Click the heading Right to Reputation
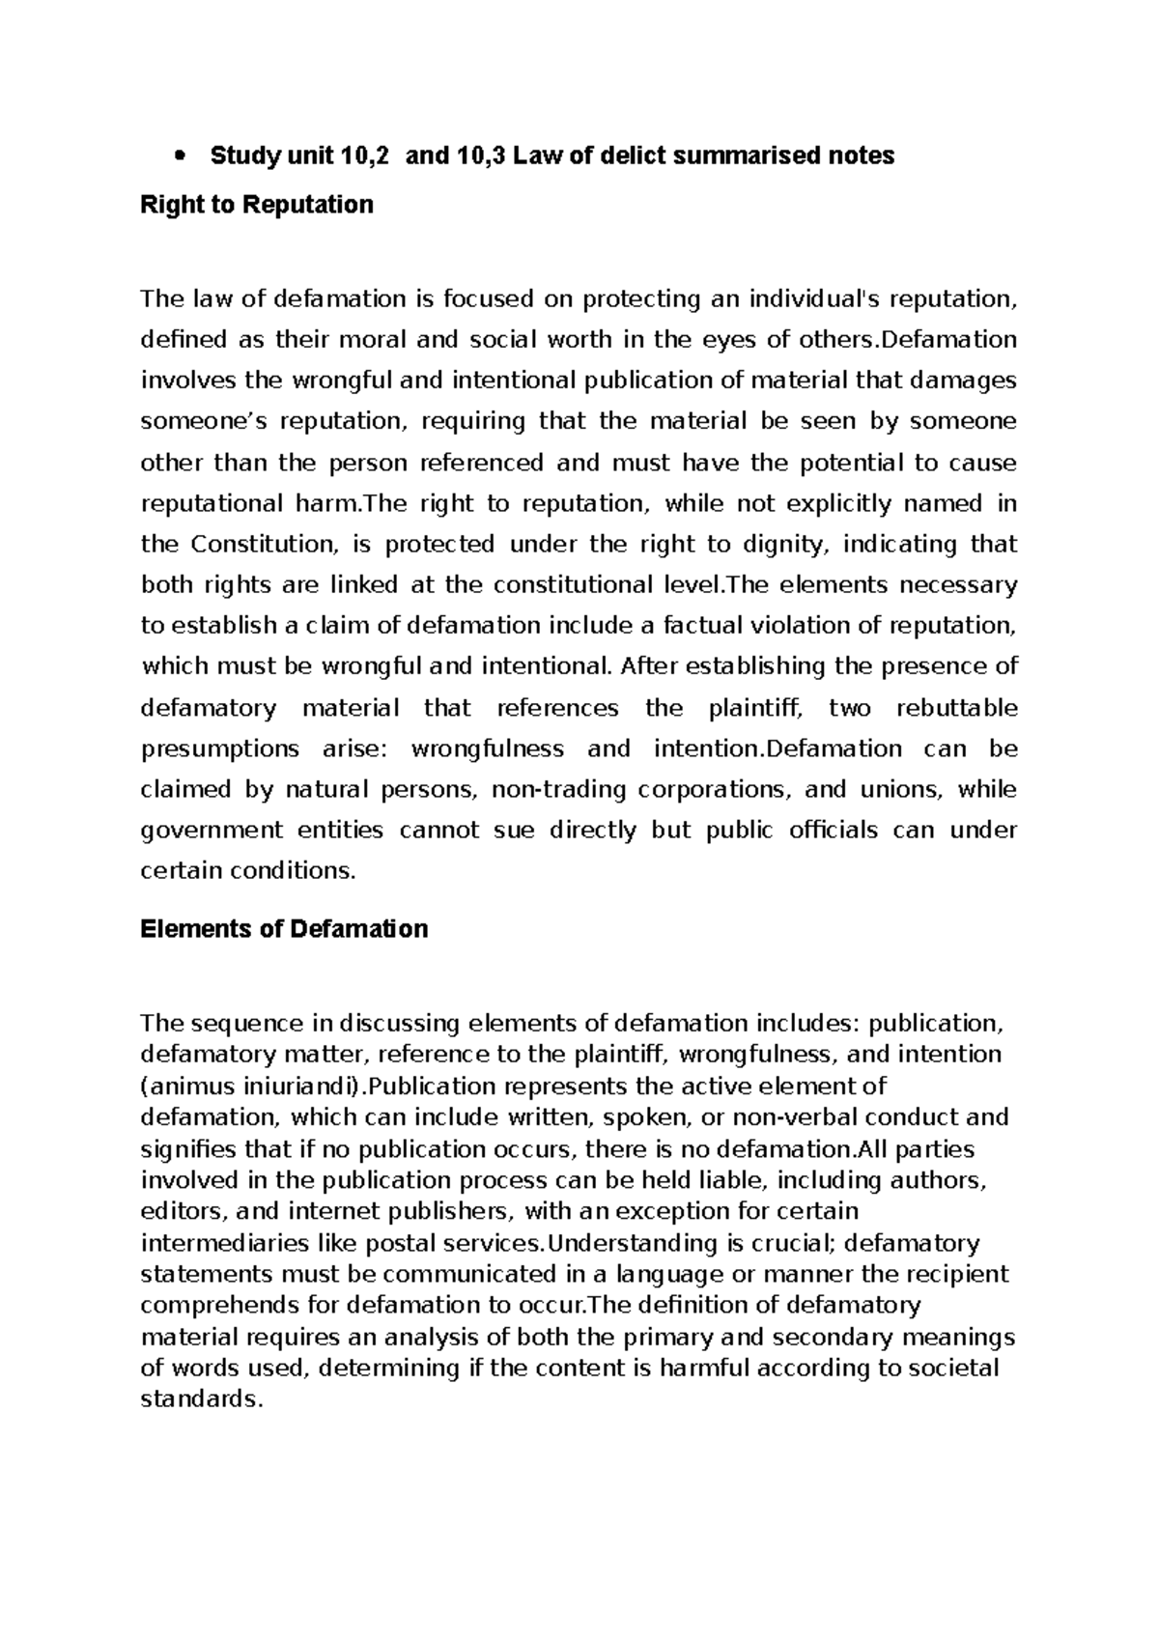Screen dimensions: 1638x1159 (x=257, y=205)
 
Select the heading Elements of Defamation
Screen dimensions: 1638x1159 (x=284, y=929)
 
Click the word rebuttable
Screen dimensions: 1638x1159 (x=956, y=708)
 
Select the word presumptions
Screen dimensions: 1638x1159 (x=220, y=748)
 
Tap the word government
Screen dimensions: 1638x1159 (x=212, y=830)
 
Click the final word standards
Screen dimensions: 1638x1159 (x=201, y=1399)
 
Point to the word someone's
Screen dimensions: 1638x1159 (x=203, y=422)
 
